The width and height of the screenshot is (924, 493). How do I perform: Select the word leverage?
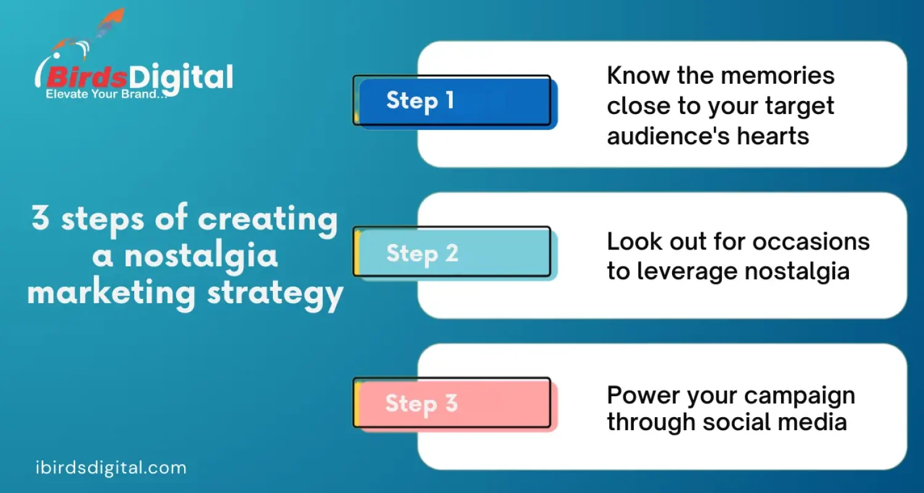(692, 271)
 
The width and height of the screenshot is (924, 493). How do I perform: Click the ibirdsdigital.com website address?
(111, 468)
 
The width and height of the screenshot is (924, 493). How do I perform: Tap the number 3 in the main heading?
(40, 219)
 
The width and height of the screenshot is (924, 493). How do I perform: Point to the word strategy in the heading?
(275, 293)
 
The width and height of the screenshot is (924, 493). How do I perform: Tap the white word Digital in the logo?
(182, 78)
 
